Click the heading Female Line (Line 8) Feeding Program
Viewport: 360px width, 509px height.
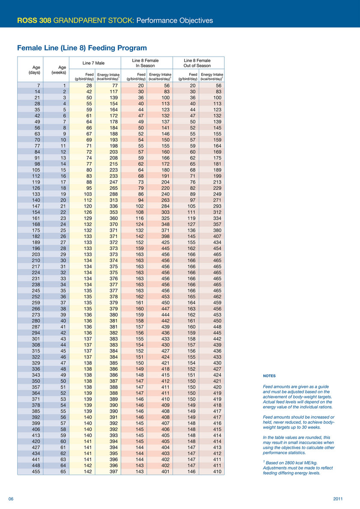(81, 48)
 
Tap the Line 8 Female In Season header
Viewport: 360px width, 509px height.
(146, 63)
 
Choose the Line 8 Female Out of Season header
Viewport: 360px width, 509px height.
(197, 63)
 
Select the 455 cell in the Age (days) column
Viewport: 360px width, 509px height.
(35, 472)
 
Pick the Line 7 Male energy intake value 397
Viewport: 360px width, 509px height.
(113, 472)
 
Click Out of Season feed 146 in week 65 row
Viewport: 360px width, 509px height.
(191, 472)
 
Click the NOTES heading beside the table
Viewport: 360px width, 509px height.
(269, 376)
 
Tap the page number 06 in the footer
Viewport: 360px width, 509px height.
(12, 499)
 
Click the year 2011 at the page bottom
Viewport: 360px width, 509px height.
(338, 499)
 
